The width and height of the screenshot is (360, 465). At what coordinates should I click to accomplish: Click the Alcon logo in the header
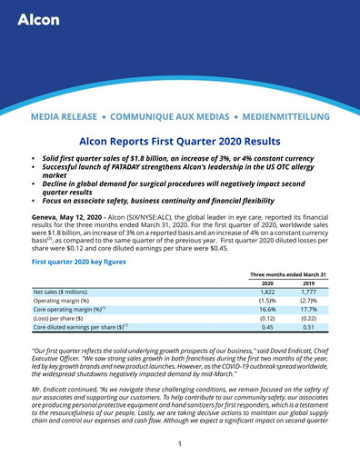(x=38, y=20)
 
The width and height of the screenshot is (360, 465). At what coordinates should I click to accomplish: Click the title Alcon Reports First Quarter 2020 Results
(x=180, y=143)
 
